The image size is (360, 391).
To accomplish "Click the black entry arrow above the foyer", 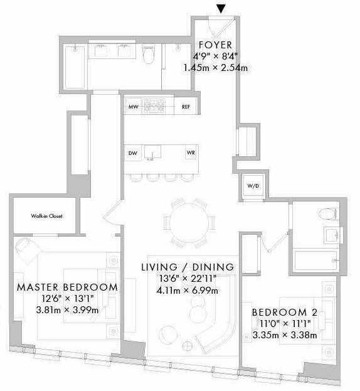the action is click(x=221, y=9).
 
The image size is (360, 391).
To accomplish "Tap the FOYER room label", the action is click(x=216, y=45).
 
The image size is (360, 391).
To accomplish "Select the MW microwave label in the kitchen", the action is click(x=134, y=107).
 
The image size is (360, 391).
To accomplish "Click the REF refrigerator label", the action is click(x=186, y=107).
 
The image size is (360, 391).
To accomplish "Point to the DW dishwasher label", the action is click(x=132, y=153).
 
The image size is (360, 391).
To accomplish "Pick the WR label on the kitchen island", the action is click(x=191, y=153).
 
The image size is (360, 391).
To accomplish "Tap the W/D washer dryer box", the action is click(x=253, y=186).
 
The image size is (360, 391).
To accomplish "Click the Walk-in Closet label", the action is click(x=46, y=216).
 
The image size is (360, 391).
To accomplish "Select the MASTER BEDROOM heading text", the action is click(x=67, y=287).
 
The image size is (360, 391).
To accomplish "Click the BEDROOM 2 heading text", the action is click(x=285, y=312).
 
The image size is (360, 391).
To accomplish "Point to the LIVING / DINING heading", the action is click(x=188, y=267).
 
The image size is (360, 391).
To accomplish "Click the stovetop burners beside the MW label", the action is click(x=154, y=107).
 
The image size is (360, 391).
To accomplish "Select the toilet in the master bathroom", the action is click(x=149, y=54).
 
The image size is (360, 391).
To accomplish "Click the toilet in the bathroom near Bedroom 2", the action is click(x=328, y=214).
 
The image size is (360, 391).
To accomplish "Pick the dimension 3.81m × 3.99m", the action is click(x=67, y=310).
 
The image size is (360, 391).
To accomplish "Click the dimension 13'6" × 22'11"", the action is click(x=188, y=279).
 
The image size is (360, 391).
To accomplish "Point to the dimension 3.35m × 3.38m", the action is click(x=285, y=335).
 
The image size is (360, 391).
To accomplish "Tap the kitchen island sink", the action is click(x=152, y=152).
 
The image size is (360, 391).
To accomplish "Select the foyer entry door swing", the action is click(x=220, y=28).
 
